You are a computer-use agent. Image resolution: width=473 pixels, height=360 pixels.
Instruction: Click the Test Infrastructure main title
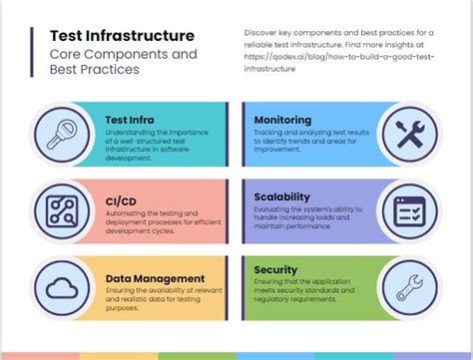[x=122, y=37]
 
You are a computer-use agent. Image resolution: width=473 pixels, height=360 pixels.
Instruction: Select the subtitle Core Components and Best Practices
[x=124, y=62]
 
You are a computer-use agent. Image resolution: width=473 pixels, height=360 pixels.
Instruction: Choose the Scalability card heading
[x=282, y=196]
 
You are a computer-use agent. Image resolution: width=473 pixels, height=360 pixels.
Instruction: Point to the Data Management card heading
[x=155, y=278]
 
